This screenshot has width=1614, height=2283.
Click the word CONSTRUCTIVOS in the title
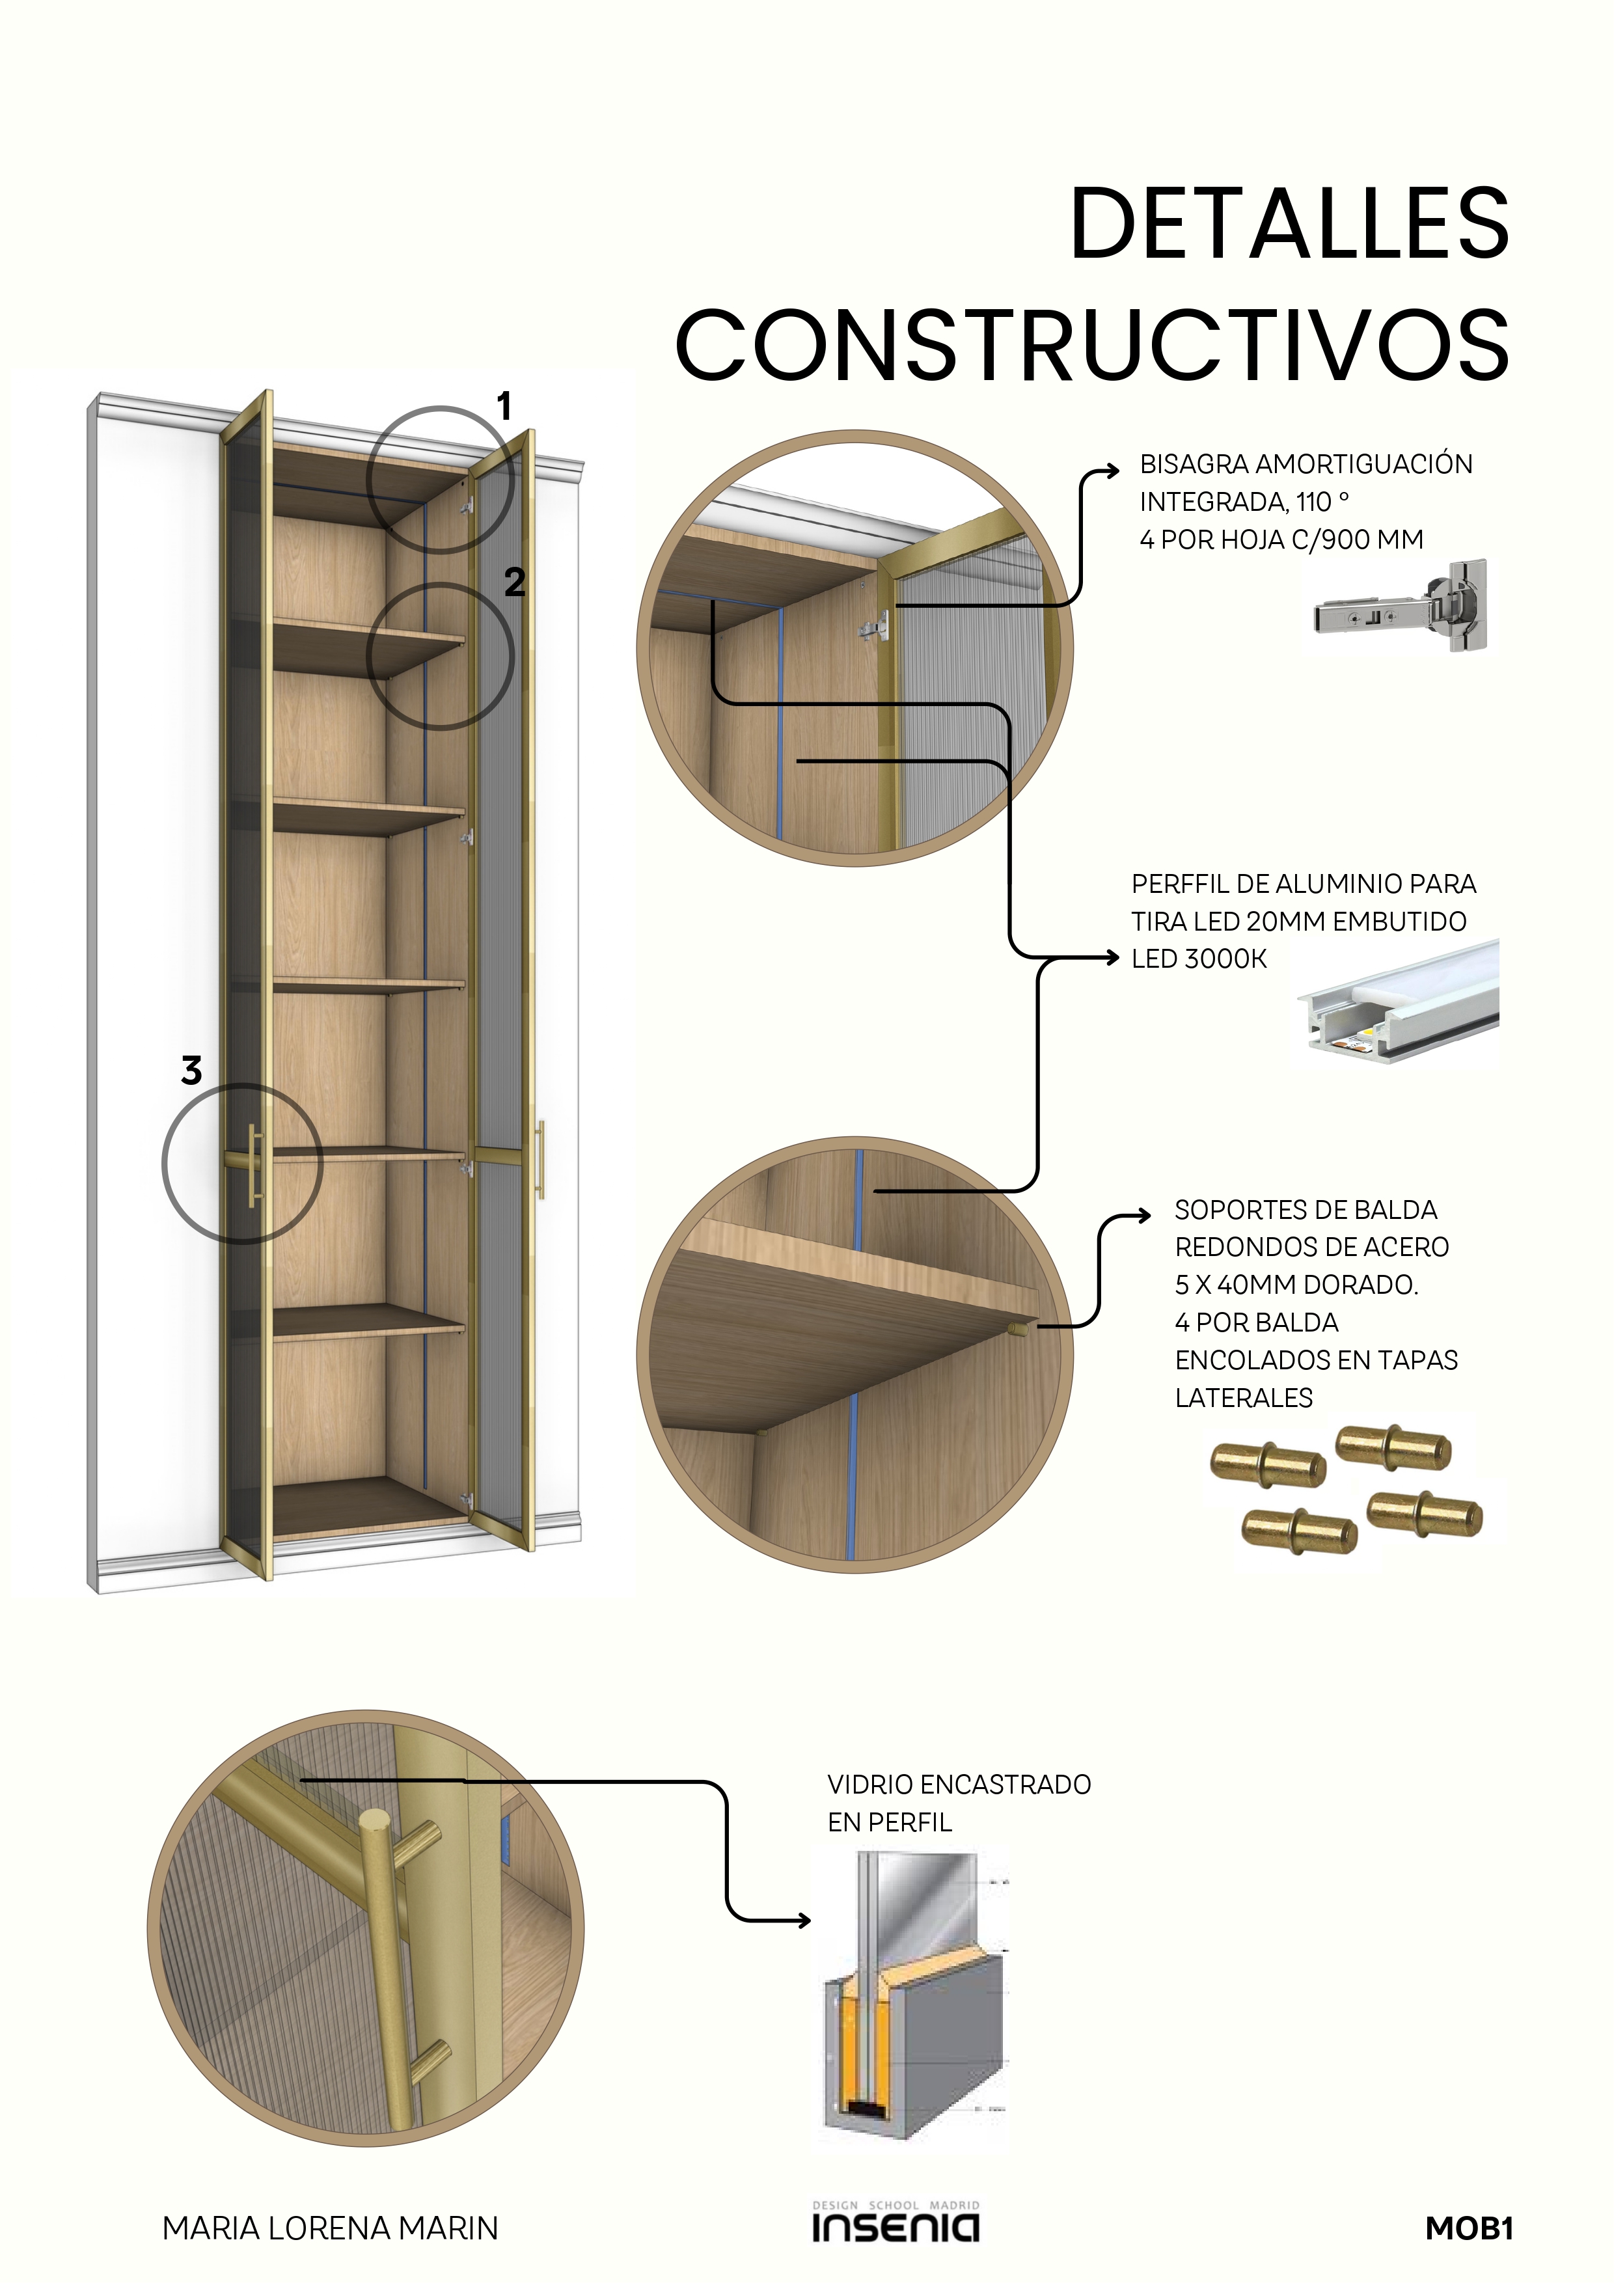pos(1092,344)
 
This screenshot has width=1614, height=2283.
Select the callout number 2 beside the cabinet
pos(514,582)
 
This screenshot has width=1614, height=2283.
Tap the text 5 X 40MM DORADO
pos(1296,1285)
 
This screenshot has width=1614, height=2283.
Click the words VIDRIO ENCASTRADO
pos(959,1784)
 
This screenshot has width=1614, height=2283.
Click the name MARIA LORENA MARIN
pos(330,2228)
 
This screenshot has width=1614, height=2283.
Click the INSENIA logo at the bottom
pos(895,2223)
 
